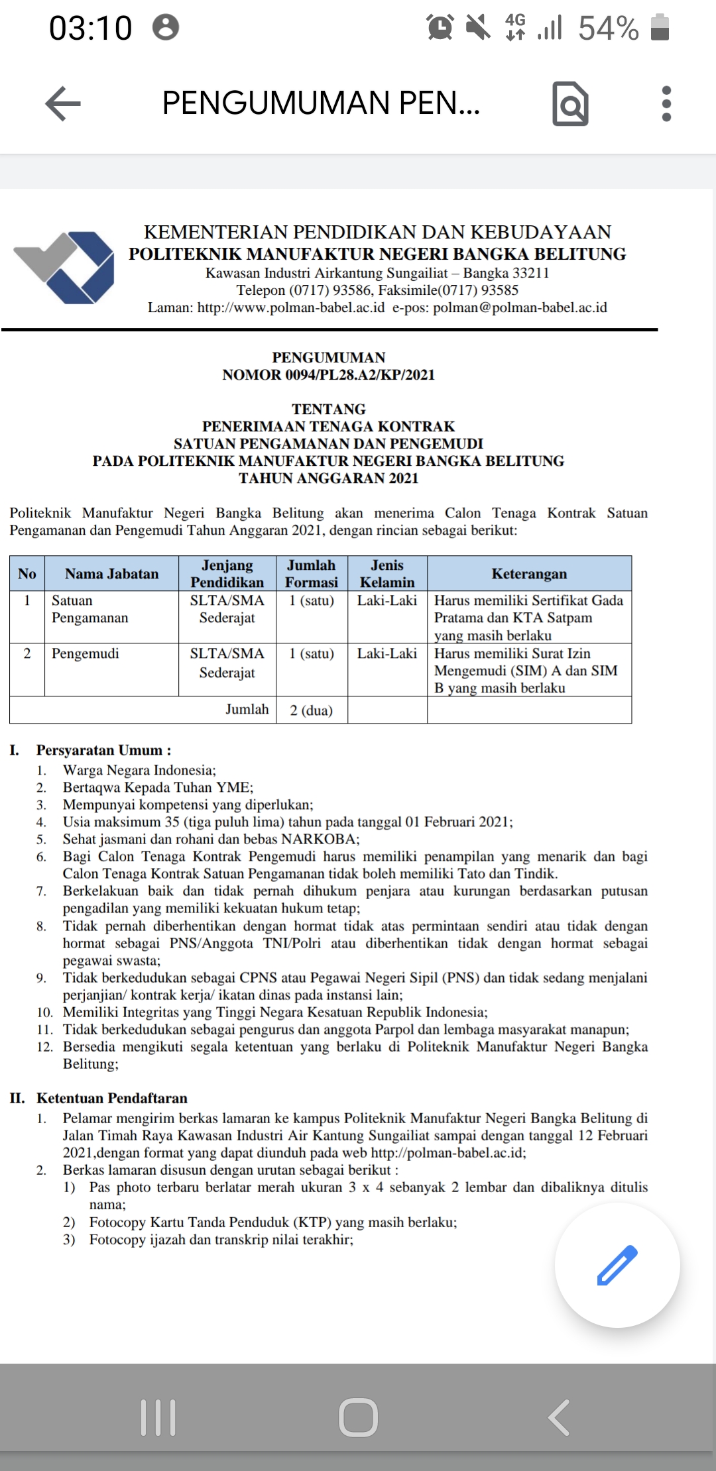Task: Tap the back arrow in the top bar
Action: (63, 104)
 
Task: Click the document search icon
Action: (570, 104)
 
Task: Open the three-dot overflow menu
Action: (666, 104)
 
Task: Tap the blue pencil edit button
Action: (617, 1265)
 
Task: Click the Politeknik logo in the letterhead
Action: (64, 267)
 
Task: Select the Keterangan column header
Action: (529, 574)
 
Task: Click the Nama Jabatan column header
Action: (111, 574)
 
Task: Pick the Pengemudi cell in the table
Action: (86, 654)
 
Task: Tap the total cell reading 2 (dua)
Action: (312, 710)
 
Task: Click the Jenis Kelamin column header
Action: (387, 574)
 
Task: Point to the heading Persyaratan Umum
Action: (103, 750)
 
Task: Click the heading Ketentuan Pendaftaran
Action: (111, 1098)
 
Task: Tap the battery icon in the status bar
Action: (660, 28)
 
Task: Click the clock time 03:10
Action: (91, 28)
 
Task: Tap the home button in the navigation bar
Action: (358, 1417)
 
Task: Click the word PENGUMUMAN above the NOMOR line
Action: (329, 358)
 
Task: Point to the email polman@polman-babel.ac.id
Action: (520, 307)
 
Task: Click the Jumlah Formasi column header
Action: (312, 574)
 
